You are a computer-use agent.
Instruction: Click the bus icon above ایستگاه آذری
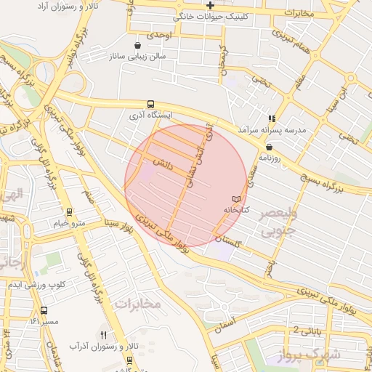(150, 104)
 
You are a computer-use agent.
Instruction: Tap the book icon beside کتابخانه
(235, 198)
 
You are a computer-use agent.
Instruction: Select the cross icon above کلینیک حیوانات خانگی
(210, 6)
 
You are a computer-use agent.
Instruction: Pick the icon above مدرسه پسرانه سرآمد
(272, 118)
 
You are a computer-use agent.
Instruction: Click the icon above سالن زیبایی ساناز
(137, 45)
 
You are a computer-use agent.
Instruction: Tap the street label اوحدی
(159, 34)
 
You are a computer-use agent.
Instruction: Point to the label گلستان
(229, 238)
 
